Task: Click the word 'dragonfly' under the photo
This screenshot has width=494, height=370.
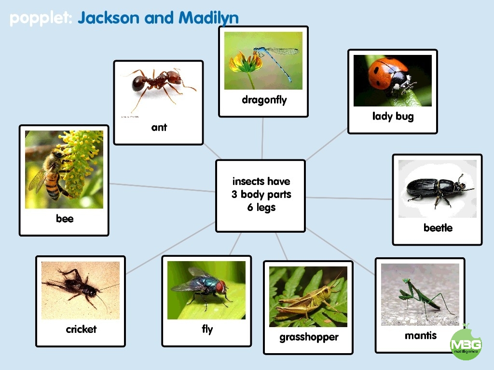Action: pyautogui.click(x=264, y=100)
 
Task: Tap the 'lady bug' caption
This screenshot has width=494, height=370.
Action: pyautogui.click(x=393, y=117)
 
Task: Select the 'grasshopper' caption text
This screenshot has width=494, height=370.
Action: pyautogui.click(x=309, y=337)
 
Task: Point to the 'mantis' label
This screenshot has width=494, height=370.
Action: pyautogui.click(x=421, y=335)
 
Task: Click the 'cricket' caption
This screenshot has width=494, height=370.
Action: pyautogui.click(x=81, y=329)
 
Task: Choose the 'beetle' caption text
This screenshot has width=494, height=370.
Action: pyautogui.click(x=438, y=227)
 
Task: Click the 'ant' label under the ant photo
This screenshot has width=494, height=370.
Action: pyautogui.click(x=159, y=127)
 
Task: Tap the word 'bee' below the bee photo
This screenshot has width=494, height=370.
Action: pyautogui.click(x=65, y=218)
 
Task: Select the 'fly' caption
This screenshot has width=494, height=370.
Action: pyautogui.click(x=207, y=330)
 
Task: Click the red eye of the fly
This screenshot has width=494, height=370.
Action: pyautogui.click(x=221, y=287)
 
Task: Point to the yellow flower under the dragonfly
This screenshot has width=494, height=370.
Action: pyautogui.click(x=246, y=63)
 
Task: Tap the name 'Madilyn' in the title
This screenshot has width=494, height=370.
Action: pyautogui.click(x=208, y=18)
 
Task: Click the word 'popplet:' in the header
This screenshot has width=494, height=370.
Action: pyautogui.click(x=41, y=19)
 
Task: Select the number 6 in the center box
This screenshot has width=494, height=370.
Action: pyautogui.click(x=250, y=207)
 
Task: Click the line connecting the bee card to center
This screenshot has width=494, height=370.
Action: pyautogui.click(x=162, y=187)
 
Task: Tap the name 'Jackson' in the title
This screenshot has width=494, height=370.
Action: pyautogui.click(x=109, y=18)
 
